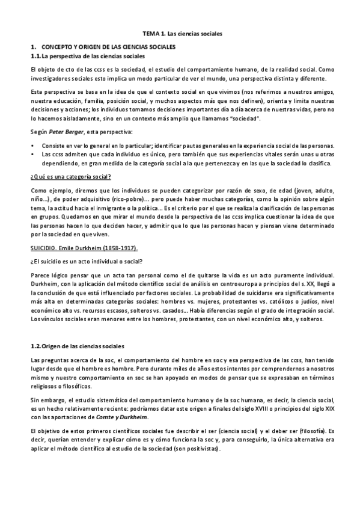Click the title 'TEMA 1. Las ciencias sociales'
tap(180, 35)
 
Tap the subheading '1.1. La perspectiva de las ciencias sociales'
tap(88, 56)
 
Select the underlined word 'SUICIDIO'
tap(43, 247)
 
